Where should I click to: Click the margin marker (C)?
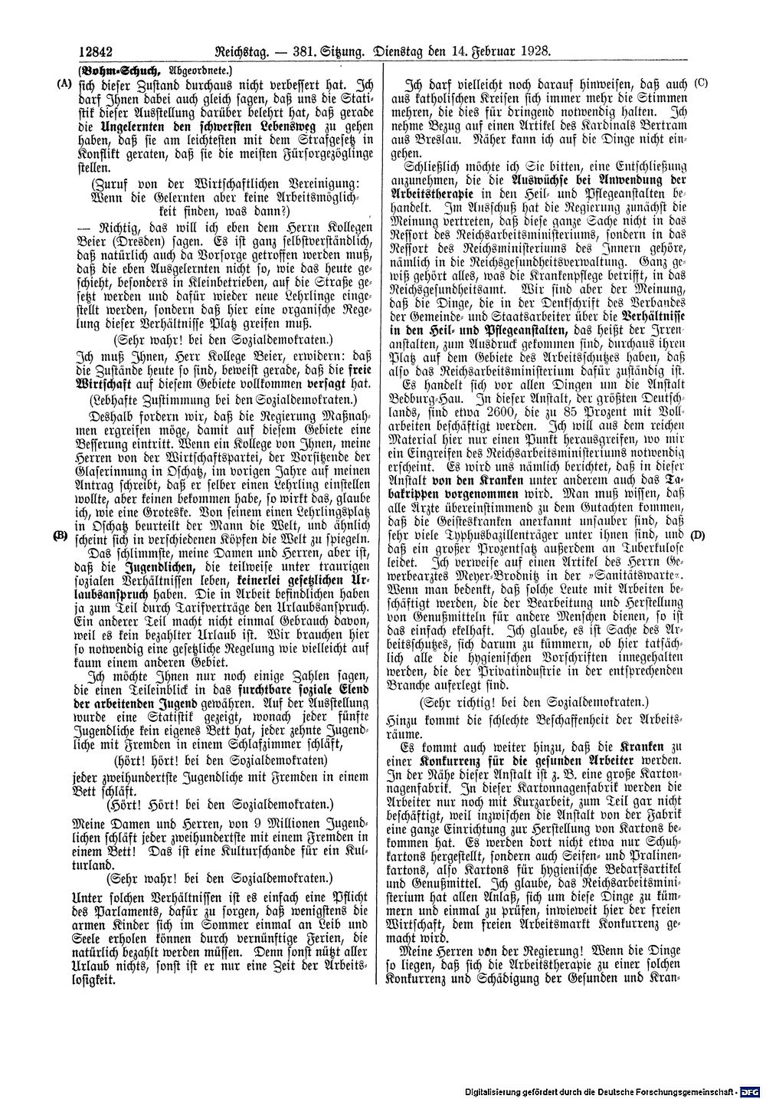coord(700,81)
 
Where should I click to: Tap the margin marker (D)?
coord(699,535)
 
